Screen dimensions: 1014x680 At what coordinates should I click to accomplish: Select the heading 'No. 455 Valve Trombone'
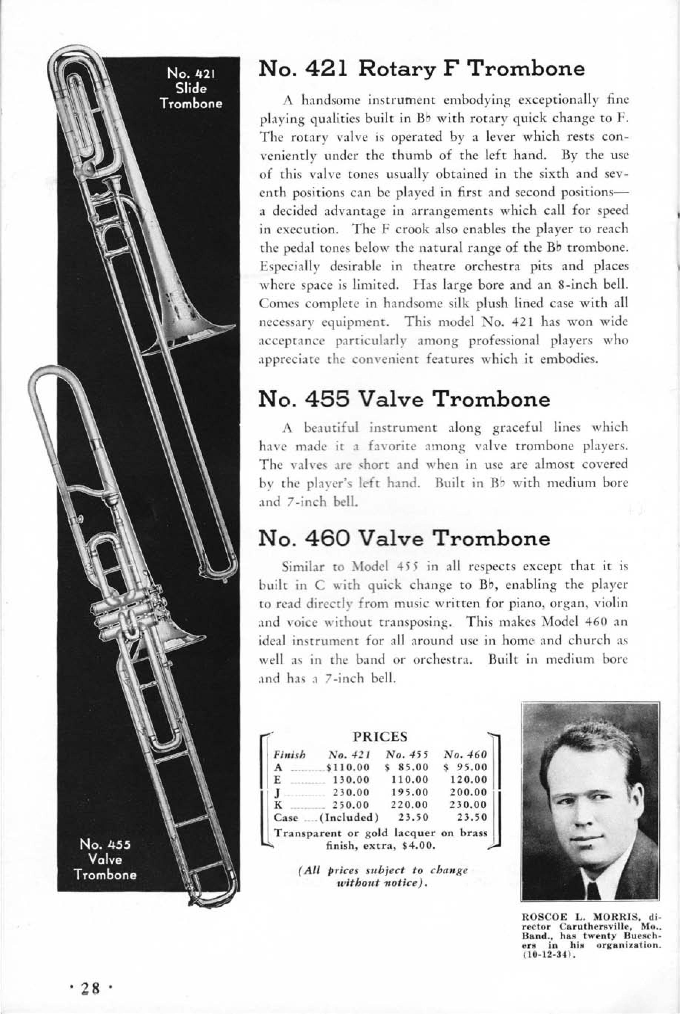coord(404,399)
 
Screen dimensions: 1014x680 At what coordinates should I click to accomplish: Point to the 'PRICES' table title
coord(380,736)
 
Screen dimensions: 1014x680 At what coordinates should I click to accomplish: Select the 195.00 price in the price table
coord(409,792)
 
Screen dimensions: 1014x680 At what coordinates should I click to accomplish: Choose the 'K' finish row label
coord(279,805)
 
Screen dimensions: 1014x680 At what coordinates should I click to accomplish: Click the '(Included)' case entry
coord(349,817)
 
